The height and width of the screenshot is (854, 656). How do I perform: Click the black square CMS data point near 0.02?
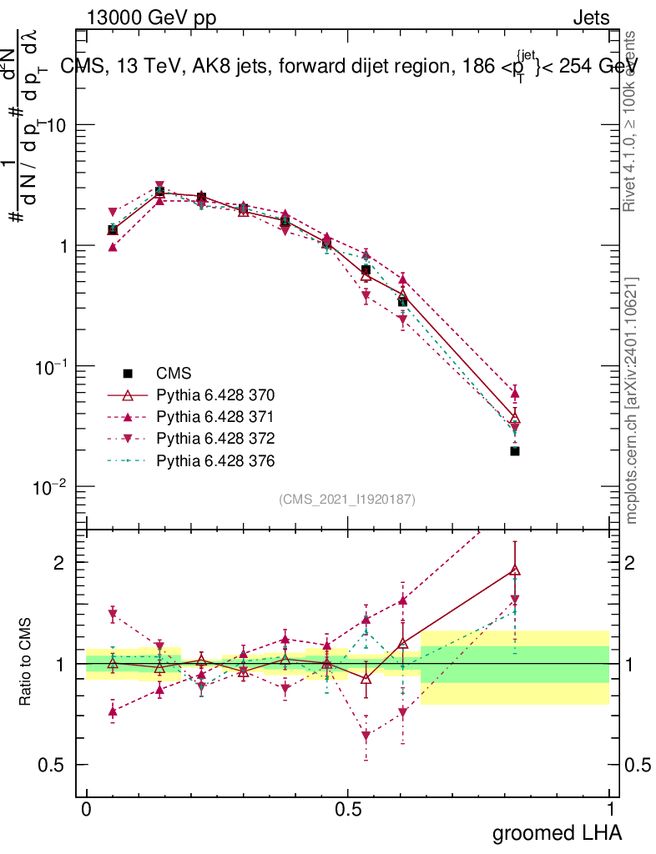pos(515,451)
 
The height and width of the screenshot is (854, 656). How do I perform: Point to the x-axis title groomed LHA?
pos(557,832)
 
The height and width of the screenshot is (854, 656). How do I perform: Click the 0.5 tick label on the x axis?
pos(348,809)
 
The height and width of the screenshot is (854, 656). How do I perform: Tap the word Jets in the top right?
pos(590,18)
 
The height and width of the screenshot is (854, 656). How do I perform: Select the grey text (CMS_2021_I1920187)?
pos(347,499)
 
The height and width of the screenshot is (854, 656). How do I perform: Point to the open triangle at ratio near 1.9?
pos(515,570)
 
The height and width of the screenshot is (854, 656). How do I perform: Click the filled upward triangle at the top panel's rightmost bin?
pos(515,393)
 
